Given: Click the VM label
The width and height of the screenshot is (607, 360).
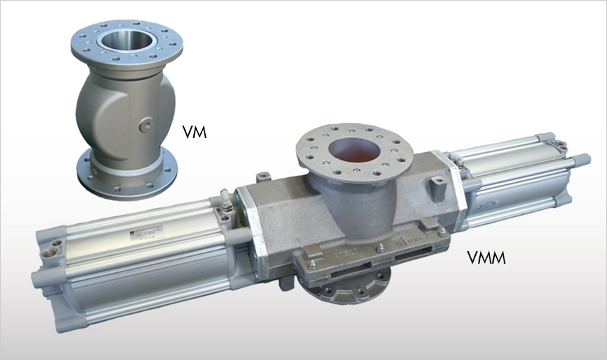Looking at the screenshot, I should pos(194,130).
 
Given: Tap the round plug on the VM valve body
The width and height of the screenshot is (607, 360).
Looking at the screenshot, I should pos(145,124).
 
